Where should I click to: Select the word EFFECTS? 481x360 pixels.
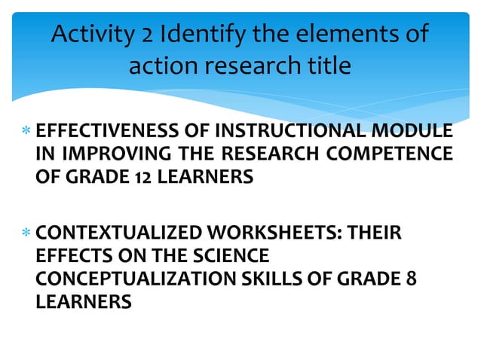click(x=69, y=256)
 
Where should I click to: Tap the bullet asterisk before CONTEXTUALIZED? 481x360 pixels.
click(x=26, y=233)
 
